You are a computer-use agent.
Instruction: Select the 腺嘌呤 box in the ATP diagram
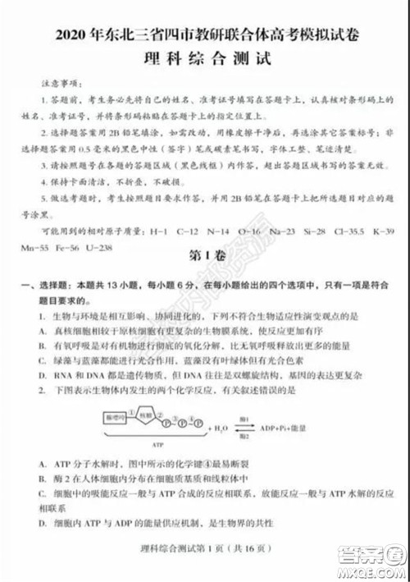point(117,418)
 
